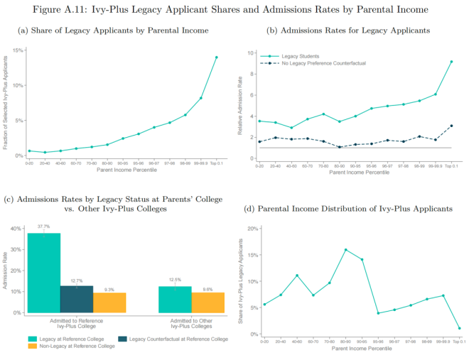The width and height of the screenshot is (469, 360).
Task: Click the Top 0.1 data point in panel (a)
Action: [217, 58]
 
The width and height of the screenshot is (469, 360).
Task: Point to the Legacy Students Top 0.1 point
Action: [451, 61]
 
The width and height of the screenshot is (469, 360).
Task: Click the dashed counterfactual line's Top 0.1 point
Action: [451, 126]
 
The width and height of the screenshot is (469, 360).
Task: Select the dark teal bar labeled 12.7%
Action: [77, 299]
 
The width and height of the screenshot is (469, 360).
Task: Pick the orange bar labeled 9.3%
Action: [109, 302]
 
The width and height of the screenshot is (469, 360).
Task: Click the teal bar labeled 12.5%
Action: [175, 299]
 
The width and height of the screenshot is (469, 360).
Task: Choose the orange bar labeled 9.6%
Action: [208, 302]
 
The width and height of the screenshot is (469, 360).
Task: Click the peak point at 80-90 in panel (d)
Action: [345, 250]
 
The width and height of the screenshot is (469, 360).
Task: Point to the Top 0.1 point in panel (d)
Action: [460, 328]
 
